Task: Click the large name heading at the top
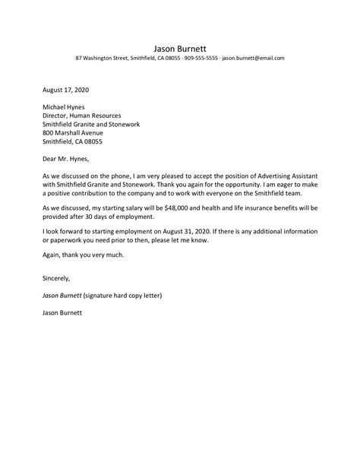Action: coord(180,45)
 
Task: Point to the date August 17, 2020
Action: coord(68,88)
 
